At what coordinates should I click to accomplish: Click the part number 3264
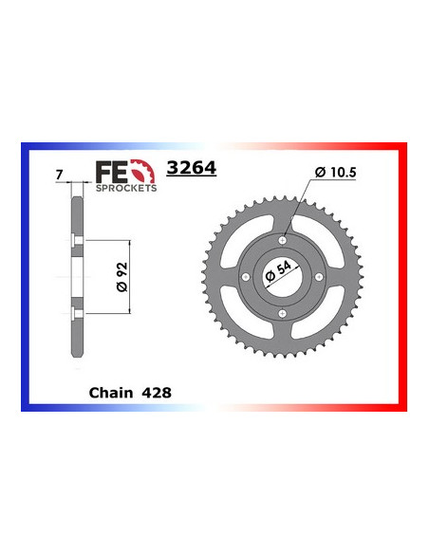click(x=191, y=169)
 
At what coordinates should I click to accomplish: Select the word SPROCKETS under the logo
click(x=125, y=189)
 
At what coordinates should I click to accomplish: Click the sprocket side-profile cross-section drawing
click(x=74, y=275)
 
